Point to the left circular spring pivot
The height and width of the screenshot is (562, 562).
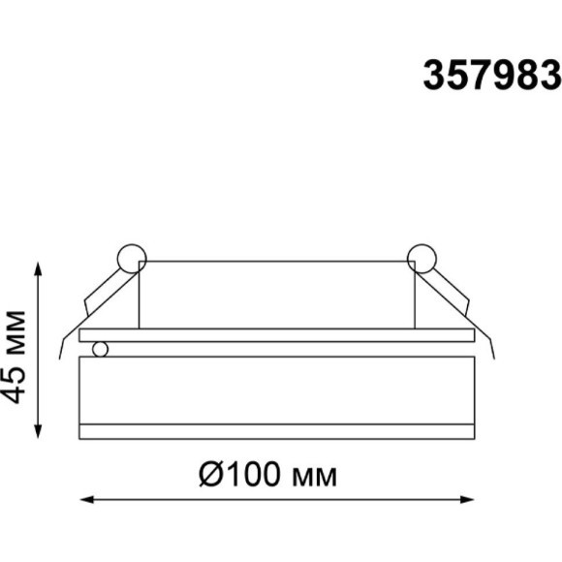click(129, 259)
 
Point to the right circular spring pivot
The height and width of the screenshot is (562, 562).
click(421, 259)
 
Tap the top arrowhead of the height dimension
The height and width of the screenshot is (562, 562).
click(38, 268)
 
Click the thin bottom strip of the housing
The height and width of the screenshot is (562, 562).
click(276, 427)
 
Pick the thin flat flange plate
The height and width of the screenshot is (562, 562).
click(276, 335)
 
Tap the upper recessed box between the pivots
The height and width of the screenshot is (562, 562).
click(276, 296)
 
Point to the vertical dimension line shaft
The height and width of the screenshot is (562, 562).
click(38, 349)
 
